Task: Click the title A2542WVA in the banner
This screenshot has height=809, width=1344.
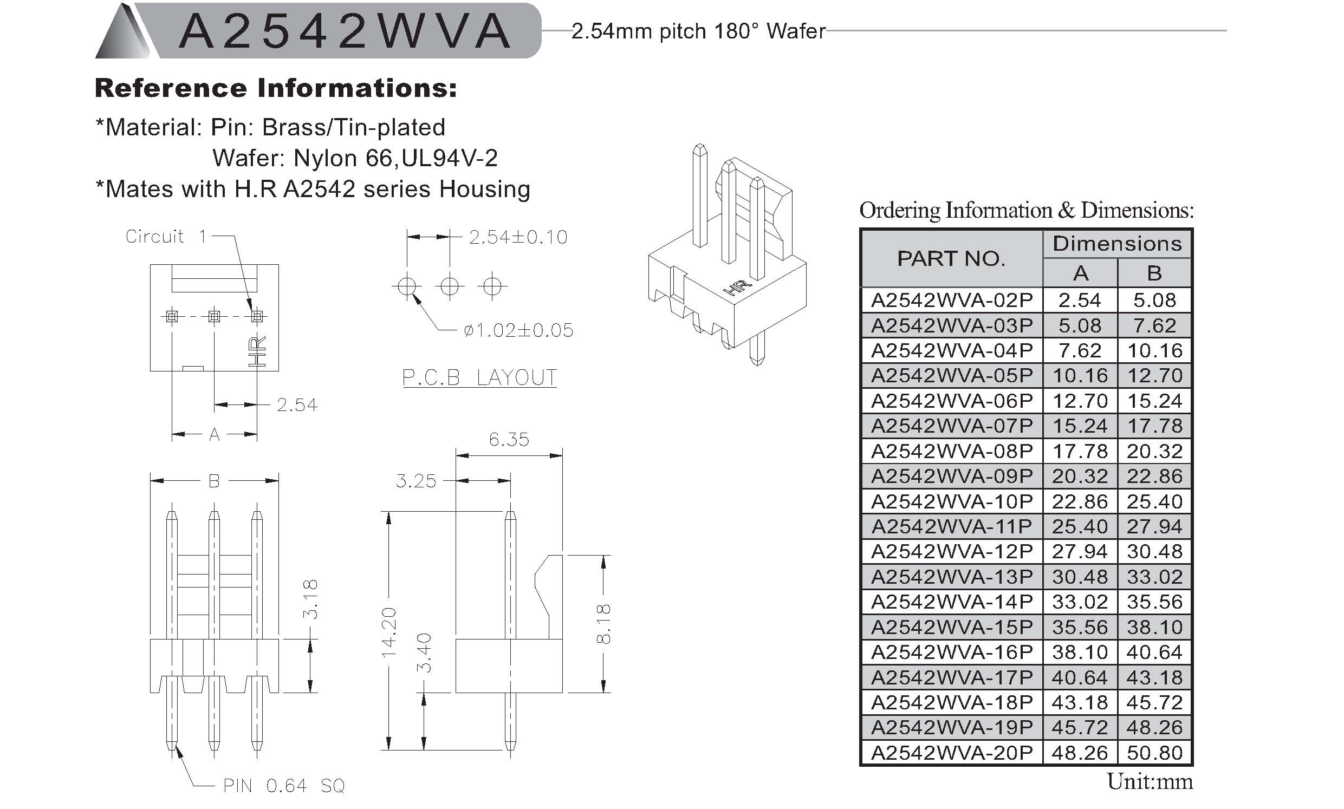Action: click(x=345, y=31)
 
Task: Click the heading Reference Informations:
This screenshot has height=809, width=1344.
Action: click(x=276, y=88)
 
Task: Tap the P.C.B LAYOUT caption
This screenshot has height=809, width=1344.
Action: click(x=479, y=377)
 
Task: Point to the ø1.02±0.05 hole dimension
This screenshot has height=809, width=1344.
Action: click(x=518, y=330)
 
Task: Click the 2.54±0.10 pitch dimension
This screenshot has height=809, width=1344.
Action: click(x=518, y=237)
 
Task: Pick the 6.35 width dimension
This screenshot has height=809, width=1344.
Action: click(x=509, y=439)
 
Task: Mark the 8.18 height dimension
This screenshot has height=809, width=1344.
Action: click(x=603, y=624)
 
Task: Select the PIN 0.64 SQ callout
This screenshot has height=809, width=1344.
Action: click(x=284, y=786)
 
